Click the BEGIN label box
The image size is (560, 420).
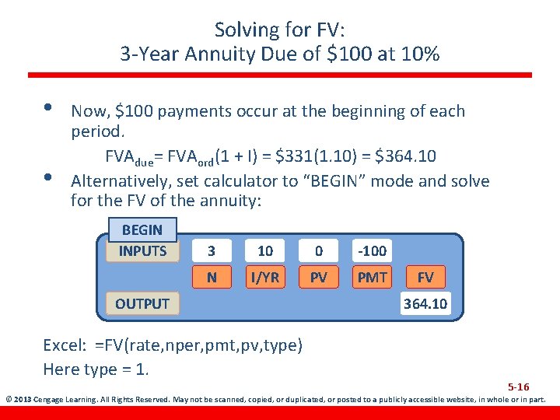click(142, 230)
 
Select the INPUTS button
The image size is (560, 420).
click(142, 250)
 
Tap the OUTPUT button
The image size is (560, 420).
click(142, 303)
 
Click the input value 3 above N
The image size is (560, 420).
click(212, 251)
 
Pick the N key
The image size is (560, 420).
click(212, 276)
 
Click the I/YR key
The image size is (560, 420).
click(265, 276)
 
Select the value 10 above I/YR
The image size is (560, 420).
click(265, 251)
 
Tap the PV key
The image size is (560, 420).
click(319, 276)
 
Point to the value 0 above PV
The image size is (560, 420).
click(319, 251)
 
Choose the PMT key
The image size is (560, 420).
click(372, 276)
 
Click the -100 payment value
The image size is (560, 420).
click(372, 251)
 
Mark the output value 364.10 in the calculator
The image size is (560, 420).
click(425, 303)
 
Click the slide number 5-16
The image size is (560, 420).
click(519, 387)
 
